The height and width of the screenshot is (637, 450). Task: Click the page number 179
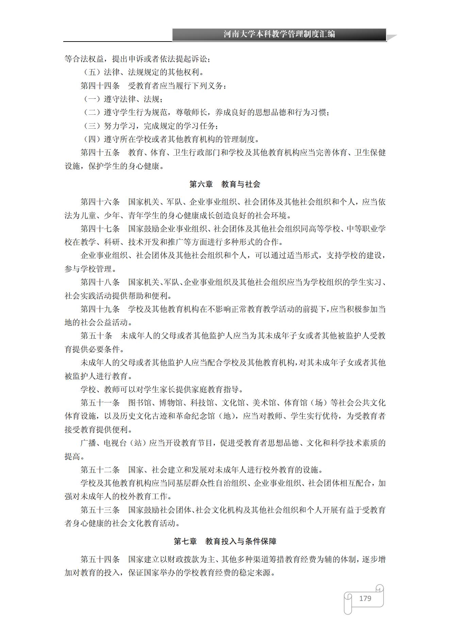click(365, 598)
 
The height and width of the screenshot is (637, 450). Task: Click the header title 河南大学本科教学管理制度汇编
click(279, 34)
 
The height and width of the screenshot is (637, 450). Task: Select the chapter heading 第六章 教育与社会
click(224, 184)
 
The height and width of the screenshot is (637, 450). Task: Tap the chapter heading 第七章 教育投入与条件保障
click(225, 541)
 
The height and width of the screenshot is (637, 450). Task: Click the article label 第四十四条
click(100, 86)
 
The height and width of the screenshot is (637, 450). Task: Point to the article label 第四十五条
click(100, 153)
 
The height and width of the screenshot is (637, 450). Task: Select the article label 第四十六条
click(100, 202)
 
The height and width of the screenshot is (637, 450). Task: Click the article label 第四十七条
click(100, 229)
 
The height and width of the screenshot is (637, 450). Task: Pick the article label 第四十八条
click(100, 282)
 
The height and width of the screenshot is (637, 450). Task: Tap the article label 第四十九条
click(100, 309)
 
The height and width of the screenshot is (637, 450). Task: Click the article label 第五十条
click(96, 336)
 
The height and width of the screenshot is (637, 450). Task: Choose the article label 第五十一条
click(100, 403)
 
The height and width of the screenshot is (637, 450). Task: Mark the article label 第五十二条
click(100, 470)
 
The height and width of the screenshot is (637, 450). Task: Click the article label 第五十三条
click(100, 510)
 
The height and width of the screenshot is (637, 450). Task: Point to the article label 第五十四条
click(100, 559)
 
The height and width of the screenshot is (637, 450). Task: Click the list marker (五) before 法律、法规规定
click(92, 73)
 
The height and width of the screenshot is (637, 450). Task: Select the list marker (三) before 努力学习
click(92, 126)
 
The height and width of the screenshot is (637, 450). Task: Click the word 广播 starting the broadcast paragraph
click(88, 443)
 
